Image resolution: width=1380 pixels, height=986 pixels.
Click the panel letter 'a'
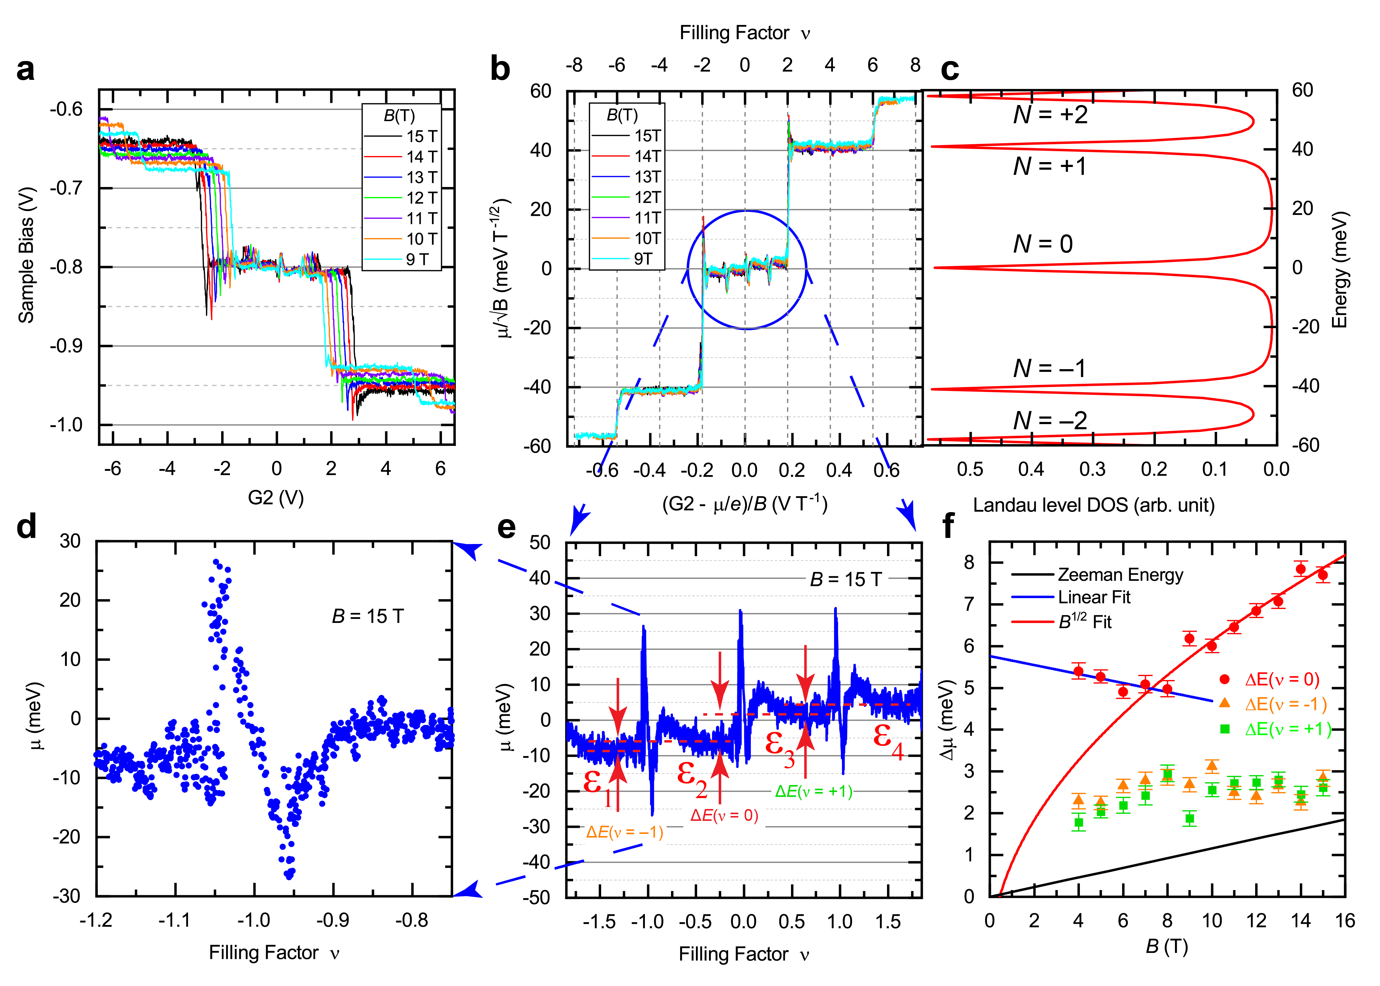coord(26,70)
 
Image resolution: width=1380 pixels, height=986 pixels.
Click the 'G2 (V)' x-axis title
coord(276,498)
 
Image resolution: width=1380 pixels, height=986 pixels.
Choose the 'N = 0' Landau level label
coord(1043,244)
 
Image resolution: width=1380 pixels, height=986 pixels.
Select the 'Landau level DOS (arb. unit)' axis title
coord(1094,505)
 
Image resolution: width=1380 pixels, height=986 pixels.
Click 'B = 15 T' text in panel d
coord(368,616)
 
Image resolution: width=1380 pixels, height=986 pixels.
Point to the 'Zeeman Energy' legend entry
coord(1121,574)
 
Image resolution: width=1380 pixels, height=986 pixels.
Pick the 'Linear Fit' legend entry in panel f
coord(1094,597)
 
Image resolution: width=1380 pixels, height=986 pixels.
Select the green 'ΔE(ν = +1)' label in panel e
coord(814,791)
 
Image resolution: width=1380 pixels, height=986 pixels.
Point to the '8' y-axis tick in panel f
coord(968,562)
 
